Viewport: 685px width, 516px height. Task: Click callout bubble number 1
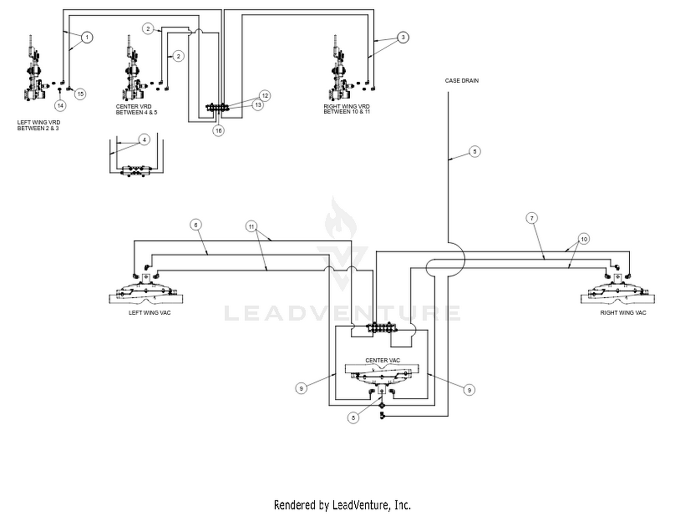click(x=87, y=37)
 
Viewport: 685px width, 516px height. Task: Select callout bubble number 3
click(x=403, y=37)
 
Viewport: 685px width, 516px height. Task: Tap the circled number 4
click(x=144, y=140)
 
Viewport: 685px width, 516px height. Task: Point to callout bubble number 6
click(x=196, y=225)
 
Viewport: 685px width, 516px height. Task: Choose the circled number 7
click(x=532, y=218)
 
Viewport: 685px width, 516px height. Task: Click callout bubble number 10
click(x=584, y=239)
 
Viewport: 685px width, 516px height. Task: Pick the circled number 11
click(x=252, y=226)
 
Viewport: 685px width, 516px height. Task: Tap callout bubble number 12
click(x=265, y=95)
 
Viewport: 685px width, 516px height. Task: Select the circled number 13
click(x=258, y=105)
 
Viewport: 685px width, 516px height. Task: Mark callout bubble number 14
click(x=60, y=105)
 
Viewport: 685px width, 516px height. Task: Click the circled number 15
click(x=80, y=94)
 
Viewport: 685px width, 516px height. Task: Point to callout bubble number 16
click(x=219, y=131)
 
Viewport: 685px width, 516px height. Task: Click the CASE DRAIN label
click(x=462, y=81)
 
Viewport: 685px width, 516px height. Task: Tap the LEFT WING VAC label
click(x=149, y=313)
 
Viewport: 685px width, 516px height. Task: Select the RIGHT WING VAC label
click(x=623, y=313)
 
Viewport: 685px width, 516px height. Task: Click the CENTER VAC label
click(x=382, y=360)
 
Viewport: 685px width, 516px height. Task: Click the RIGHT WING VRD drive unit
click(x=339, y=73)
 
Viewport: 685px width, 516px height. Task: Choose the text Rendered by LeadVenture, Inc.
click(x=342, y=505)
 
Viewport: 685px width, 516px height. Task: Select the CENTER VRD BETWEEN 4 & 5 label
click(x=136, y=110)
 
